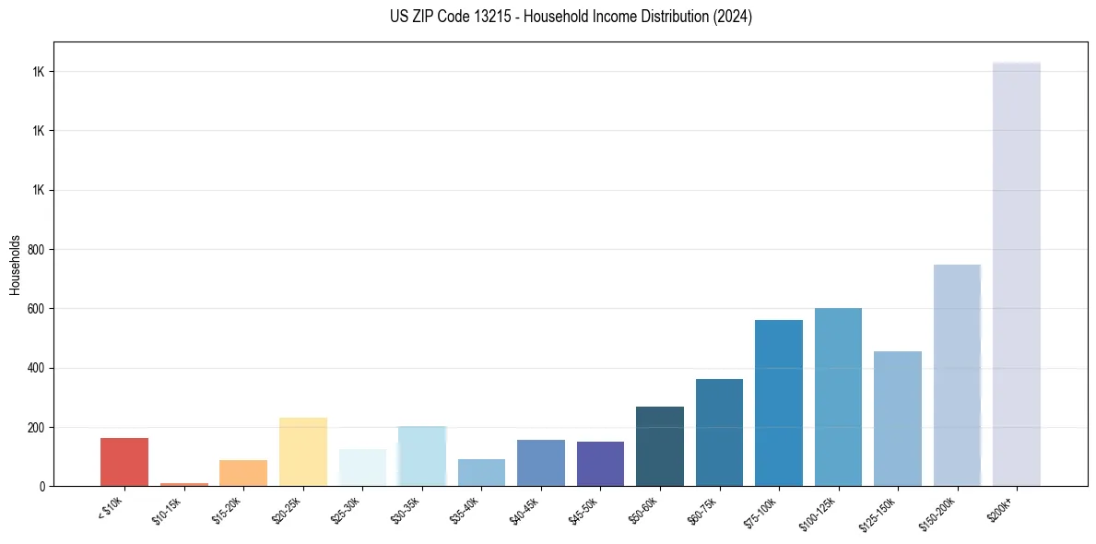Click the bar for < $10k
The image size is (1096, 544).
click(124, 462)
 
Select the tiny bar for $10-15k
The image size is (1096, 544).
click(183, 484)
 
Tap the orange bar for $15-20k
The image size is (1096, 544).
click(243, 473)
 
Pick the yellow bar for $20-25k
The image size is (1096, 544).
click(303, 452)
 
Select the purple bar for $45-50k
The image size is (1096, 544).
click(600, 464)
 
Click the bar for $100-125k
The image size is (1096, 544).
click(838, 397)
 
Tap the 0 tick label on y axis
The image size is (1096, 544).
click(41, 487)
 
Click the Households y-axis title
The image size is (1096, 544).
click(15, 265)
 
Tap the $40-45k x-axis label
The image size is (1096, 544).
click(524, 510)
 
